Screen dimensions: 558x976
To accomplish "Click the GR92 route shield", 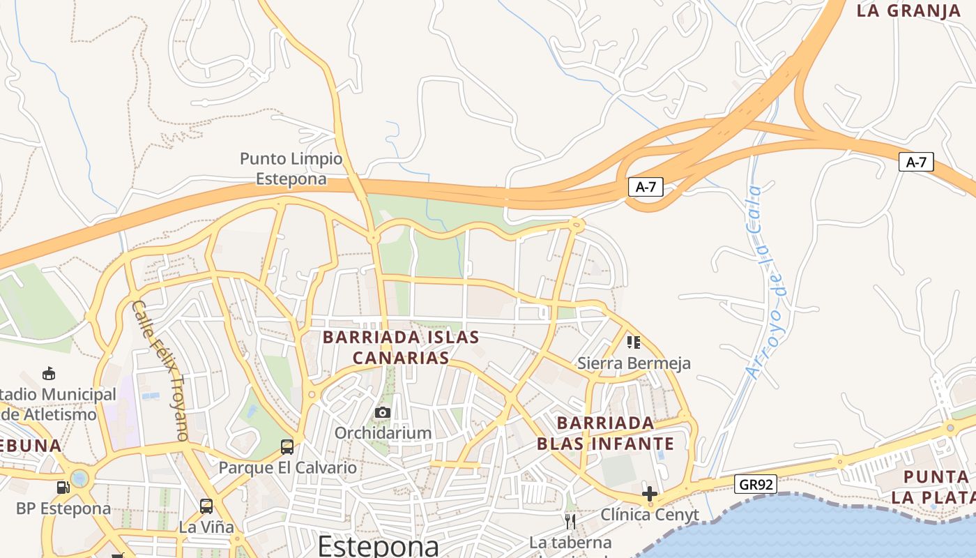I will (755, 484).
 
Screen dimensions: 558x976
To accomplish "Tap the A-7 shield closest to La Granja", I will (916, 162).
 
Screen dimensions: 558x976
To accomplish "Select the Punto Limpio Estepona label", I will (291, 169).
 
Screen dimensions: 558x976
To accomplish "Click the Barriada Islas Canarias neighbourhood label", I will (401, 347).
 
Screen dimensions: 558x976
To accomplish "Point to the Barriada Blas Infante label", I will (606, 433).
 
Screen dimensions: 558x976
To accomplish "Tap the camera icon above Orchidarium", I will (382, 413).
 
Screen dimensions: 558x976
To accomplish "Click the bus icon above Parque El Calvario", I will (287, 446).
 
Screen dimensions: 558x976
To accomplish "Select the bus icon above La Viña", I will (206, 506).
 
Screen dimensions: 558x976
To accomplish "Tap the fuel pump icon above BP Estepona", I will (63, 487).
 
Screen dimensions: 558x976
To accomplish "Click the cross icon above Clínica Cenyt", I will (650, 494).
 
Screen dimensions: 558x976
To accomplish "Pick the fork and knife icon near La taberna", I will (570, 521).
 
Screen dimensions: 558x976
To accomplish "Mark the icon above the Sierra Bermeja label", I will (633, 342).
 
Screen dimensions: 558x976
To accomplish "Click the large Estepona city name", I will (379, 545).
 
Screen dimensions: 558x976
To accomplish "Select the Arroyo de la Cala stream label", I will (765, 281).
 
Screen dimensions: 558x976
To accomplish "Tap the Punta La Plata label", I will (934, 487).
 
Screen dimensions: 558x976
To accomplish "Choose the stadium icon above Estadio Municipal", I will (49, 373).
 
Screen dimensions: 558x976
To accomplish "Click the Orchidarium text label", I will (383, 433).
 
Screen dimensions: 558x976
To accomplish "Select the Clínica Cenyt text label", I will (650, 515).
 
